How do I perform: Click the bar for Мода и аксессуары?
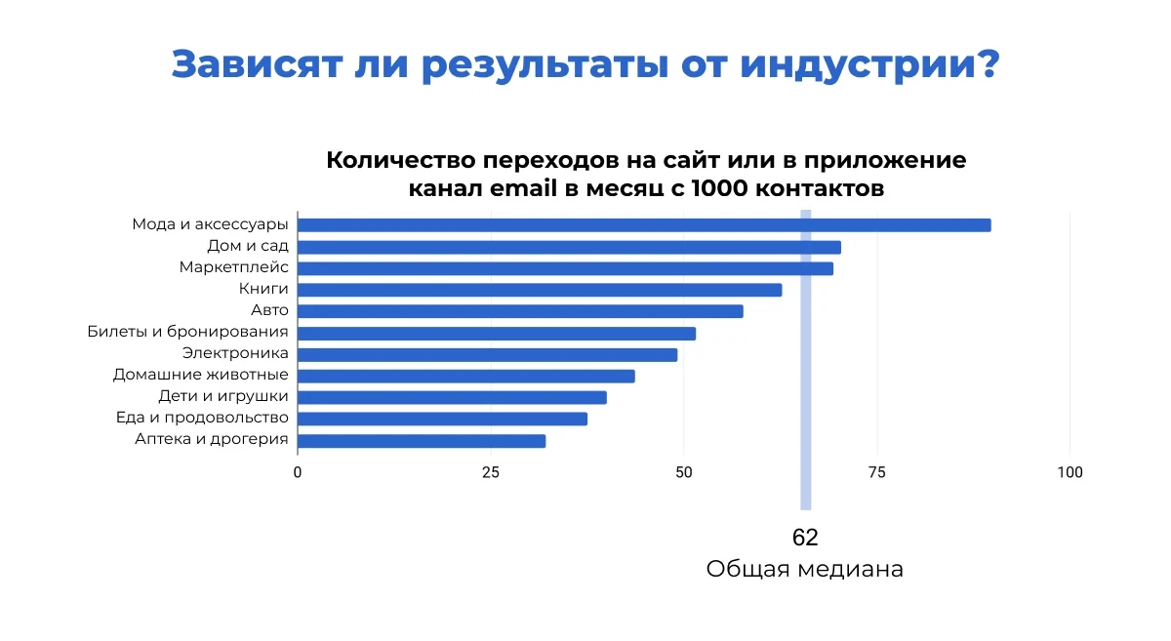[644, 225]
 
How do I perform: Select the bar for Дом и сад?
[569, 247]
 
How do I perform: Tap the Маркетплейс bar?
[565, 268]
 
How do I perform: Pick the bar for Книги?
[540, 290]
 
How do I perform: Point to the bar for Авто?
[520, 311]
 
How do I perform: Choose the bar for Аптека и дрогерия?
[422, 441]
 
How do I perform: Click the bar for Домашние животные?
[466, 377]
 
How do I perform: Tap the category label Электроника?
[235, 354]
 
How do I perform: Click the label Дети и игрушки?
[223, 397]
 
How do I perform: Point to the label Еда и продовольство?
[202, 419]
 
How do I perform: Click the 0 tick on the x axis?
[298, 473]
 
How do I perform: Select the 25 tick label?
[491, 473]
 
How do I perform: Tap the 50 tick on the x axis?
[684, 473]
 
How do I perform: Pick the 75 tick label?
[877, 473]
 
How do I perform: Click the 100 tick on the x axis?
[1070, 473]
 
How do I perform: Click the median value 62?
[805, 538]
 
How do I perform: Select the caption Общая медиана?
[805, 570]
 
